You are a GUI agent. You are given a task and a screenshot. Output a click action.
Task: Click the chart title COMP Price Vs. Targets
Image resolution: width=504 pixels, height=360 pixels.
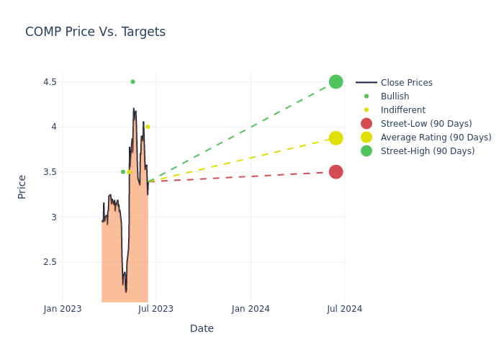coord(95,32)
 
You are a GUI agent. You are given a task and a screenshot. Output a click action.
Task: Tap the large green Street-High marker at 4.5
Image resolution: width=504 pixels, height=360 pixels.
coord(336,82)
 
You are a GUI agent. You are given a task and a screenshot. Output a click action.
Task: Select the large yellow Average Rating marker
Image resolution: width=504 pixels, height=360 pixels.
coord(336,138)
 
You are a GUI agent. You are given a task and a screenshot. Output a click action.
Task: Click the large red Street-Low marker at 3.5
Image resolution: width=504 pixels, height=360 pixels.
coord(336,171)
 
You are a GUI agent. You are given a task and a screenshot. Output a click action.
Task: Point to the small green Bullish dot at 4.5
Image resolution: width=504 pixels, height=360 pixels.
coord(132,82)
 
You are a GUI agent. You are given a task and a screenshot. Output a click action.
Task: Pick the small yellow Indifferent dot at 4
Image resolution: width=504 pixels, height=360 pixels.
coord(148,127)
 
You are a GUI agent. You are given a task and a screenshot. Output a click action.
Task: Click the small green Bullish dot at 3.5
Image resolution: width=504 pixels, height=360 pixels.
coord(122,171)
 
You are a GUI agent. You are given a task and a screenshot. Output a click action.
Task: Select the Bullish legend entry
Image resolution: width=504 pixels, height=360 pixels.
coord(395,96)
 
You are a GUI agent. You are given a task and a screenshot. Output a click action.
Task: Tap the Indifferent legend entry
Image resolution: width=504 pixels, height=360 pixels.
coord(402,110)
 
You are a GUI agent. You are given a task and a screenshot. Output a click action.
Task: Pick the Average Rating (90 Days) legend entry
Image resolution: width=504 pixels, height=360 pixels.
coord(436,138)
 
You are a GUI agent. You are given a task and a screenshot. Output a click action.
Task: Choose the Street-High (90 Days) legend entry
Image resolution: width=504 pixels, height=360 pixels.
coord(427,151)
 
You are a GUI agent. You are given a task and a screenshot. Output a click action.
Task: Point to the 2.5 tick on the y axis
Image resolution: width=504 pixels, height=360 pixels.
coord(49,262)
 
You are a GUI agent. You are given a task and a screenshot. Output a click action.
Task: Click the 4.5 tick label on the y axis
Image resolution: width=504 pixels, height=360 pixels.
coord(49,82)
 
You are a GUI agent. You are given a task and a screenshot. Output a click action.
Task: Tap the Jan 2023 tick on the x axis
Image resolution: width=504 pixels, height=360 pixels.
coord(63,309)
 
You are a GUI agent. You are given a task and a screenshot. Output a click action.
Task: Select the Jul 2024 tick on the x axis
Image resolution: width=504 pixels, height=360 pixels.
coord(344,309)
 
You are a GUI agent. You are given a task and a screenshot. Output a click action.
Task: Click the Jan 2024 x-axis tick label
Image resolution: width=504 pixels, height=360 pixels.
coord(251,309)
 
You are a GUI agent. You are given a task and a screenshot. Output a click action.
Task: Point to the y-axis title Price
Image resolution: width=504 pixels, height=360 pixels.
coord(22,186)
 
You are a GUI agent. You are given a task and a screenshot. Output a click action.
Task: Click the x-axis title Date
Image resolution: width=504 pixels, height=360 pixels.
coord(202,328)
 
